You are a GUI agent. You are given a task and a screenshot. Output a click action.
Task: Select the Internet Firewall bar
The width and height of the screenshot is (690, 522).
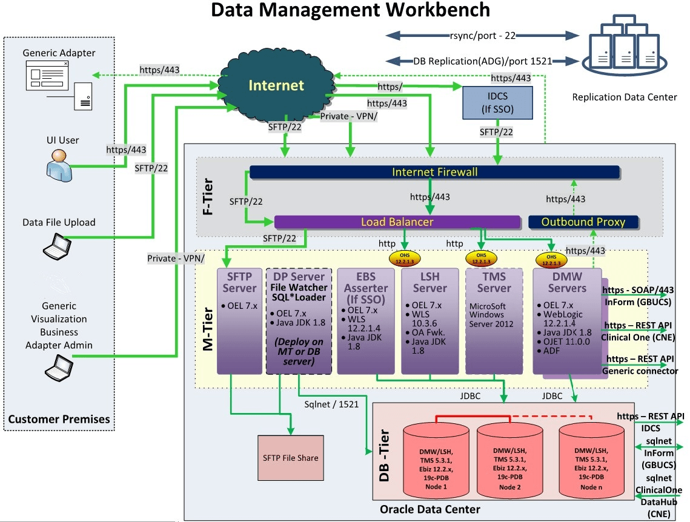coord(434,173)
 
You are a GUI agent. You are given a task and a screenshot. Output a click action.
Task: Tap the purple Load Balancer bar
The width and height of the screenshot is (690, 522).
coord(397,222)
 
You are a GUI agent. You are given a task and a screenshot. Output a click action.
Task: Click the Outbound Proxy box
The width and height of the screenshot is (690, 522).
coord(583,222)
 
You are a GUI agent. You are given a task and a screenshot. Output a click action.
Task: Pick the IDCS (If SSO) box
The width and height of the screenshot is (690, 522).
coord(497,102)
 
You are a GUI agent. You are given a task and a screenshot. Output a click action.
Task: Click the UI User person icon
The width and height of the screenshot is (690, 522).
coord(59,165)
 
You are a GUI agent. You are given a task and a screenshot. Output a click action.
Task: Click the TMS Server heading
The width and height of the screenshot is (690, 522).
coord(493,282)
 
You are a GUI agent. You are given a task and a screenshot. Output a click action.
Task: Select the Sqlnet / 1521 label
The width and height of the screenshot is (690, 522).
coord(331,403)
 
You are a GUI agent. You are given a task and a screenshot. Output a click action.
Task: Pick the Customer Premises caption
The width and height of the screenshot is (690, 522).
coord(59,418)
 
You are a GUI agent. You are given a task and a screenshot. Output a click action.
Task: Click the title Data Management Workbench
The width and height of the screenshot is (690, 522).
coord(342,11)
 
